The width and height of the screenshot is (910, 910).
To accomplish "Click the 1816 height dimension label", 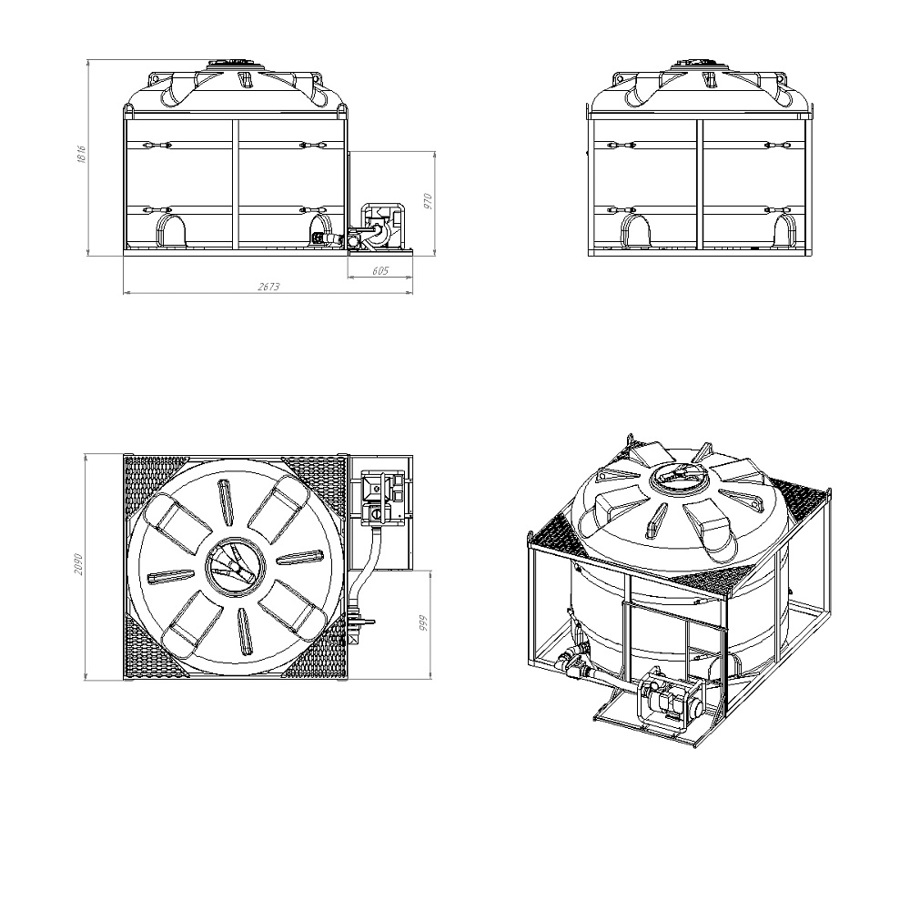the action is point(82,154).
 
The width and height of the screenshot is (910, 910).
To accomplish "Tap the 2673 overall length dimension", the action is point(268,287).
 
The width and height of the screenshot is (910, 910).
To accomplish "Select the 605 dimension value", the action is point(380,271).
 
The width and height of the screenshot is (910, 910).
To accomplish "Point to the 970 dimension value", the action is point(429,201).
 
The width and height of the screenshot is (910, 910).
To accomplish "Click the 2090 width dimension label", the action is point(79,565).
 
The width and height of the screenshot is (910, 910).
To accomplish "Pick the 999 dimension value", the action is point(424,623).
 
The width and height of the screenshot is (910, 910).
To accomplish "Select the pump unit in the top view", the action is point(382,495).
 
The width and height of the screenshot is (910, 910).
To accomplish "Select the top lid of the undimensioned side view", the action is point(700,63).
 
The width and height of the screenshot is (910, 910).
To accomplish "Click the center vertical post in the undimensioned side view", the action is point(700,187).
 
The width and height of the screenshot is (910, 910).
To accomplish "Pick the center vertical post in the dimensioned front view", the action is point(236,187).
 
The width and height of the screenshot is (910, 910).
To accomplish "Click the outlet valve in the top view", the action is point(359,622).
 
